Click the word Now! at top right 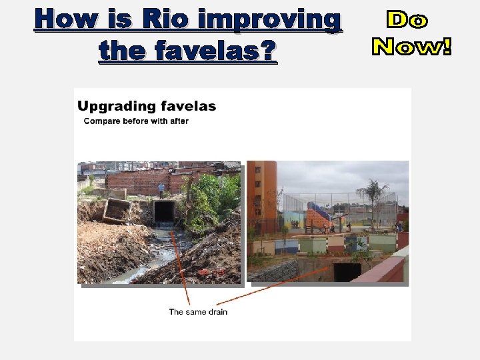[411, 46]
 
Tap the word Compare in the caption [102, 121]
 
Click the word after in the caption [179, 121]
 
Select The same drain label [198, 311]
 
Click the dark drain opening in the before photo [164, 212]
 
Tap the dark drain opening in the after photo [347, 271]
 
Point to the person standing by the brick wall [161, 189]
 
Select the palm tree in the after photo [371, 193]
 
